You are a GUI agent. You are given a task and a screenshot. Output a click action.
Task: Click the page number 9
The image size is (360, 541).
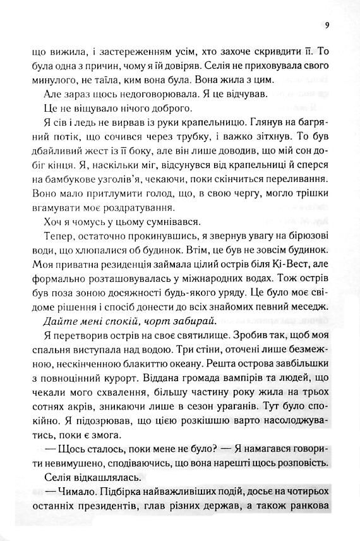click(x=326, y=25)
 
